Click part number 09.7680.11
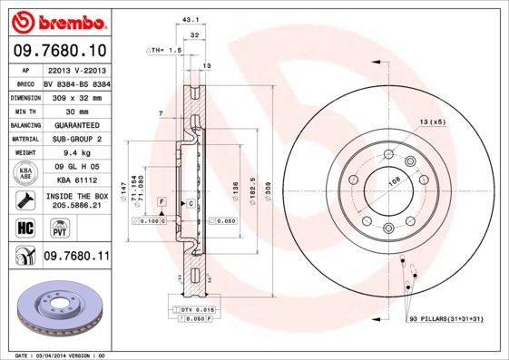tap(76, 258)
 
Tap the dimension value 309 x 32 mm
tap(76, 97)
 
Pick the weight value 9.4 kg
tap(76, 153)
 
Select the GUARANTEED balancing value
tap(76, 125)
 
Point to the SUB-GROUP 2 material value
tap(76, 139)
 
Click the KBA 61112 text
tap(76, 180)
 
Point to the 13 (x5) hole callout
tap(432, 121)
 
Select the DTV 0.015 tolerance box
tap(199, 310)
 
